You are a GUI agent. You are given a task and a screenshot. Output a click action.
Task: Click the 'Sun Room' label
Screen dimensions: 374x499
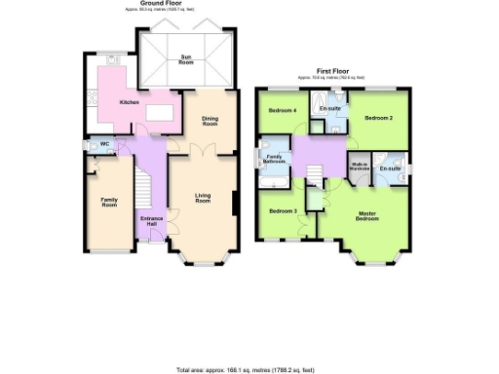[185, 59]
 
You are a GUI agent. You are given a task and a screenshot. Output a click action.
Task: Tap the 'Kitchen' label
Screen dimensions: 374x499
[130, 102]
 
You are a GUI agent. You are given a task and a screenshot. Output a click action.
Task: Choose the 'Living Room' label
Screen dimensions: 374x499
[203, 199]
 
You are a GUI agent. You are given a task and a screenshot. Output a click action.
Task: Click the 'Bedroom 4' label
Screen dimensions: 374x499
[283, 110]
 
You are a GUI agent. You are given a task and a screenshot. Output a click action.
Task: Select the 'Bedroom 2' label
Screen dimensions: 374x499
[378, 118]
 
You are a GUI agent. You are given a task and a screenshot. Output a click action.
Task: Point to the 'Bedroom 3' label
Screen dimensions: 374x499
[283, 210]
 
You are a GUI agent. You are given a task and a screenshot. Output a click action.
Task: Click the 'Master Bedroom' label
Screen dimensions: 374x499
[367, 215]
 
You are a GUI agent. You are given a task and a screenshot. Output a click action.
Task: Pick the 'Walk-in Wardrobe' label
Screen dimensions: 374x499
[360, 168]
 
